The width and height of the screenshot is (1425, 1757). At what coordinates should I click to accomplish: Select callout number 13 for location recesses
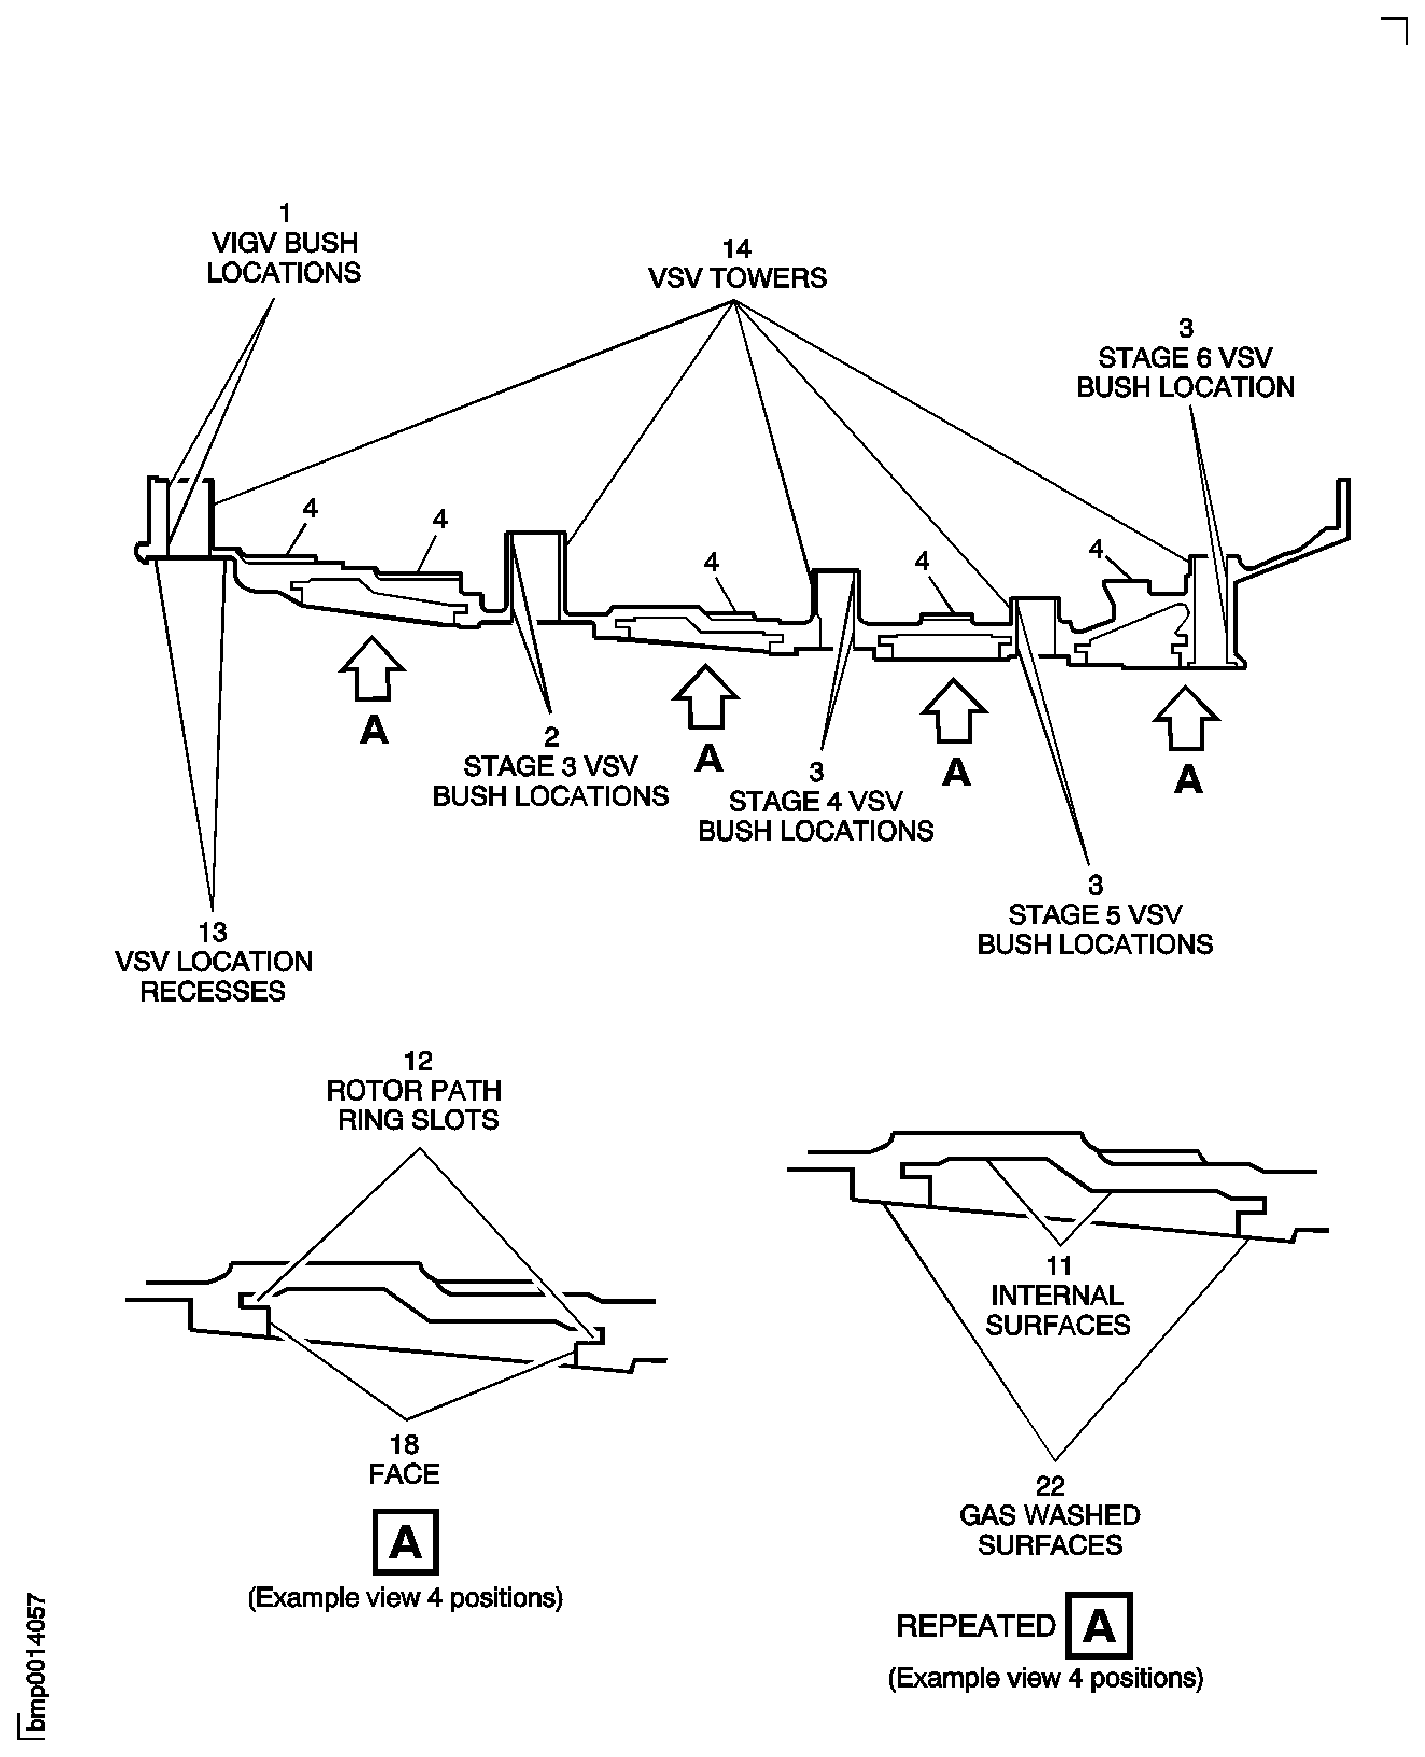point(213,932)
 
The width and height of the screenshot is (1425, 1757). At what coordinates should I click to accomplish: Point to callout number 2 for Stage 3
point(551,737)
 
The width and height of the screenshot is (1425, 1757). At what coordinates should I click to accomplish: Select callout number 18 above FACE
point(404,1444)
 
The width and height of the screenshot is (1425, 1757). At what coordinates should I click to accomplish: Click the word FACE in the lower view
point(404,1474)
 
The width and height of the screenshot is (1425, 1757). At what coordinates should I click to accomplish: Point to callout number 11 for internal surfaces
point(1058,1265)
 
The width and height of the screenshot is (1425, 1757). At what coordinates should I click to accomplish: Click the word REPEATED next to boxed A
point(975,1626)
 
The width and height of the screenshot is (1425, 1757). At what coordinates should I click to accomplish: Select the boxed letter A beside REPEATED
point(1098,1626)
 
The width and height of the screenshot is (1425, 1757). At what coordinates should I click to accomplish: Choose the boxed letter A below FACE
point(405,1542)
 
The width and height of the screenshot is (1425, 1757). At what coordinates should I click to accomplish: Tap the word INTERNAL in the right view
point(1056,1296)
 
